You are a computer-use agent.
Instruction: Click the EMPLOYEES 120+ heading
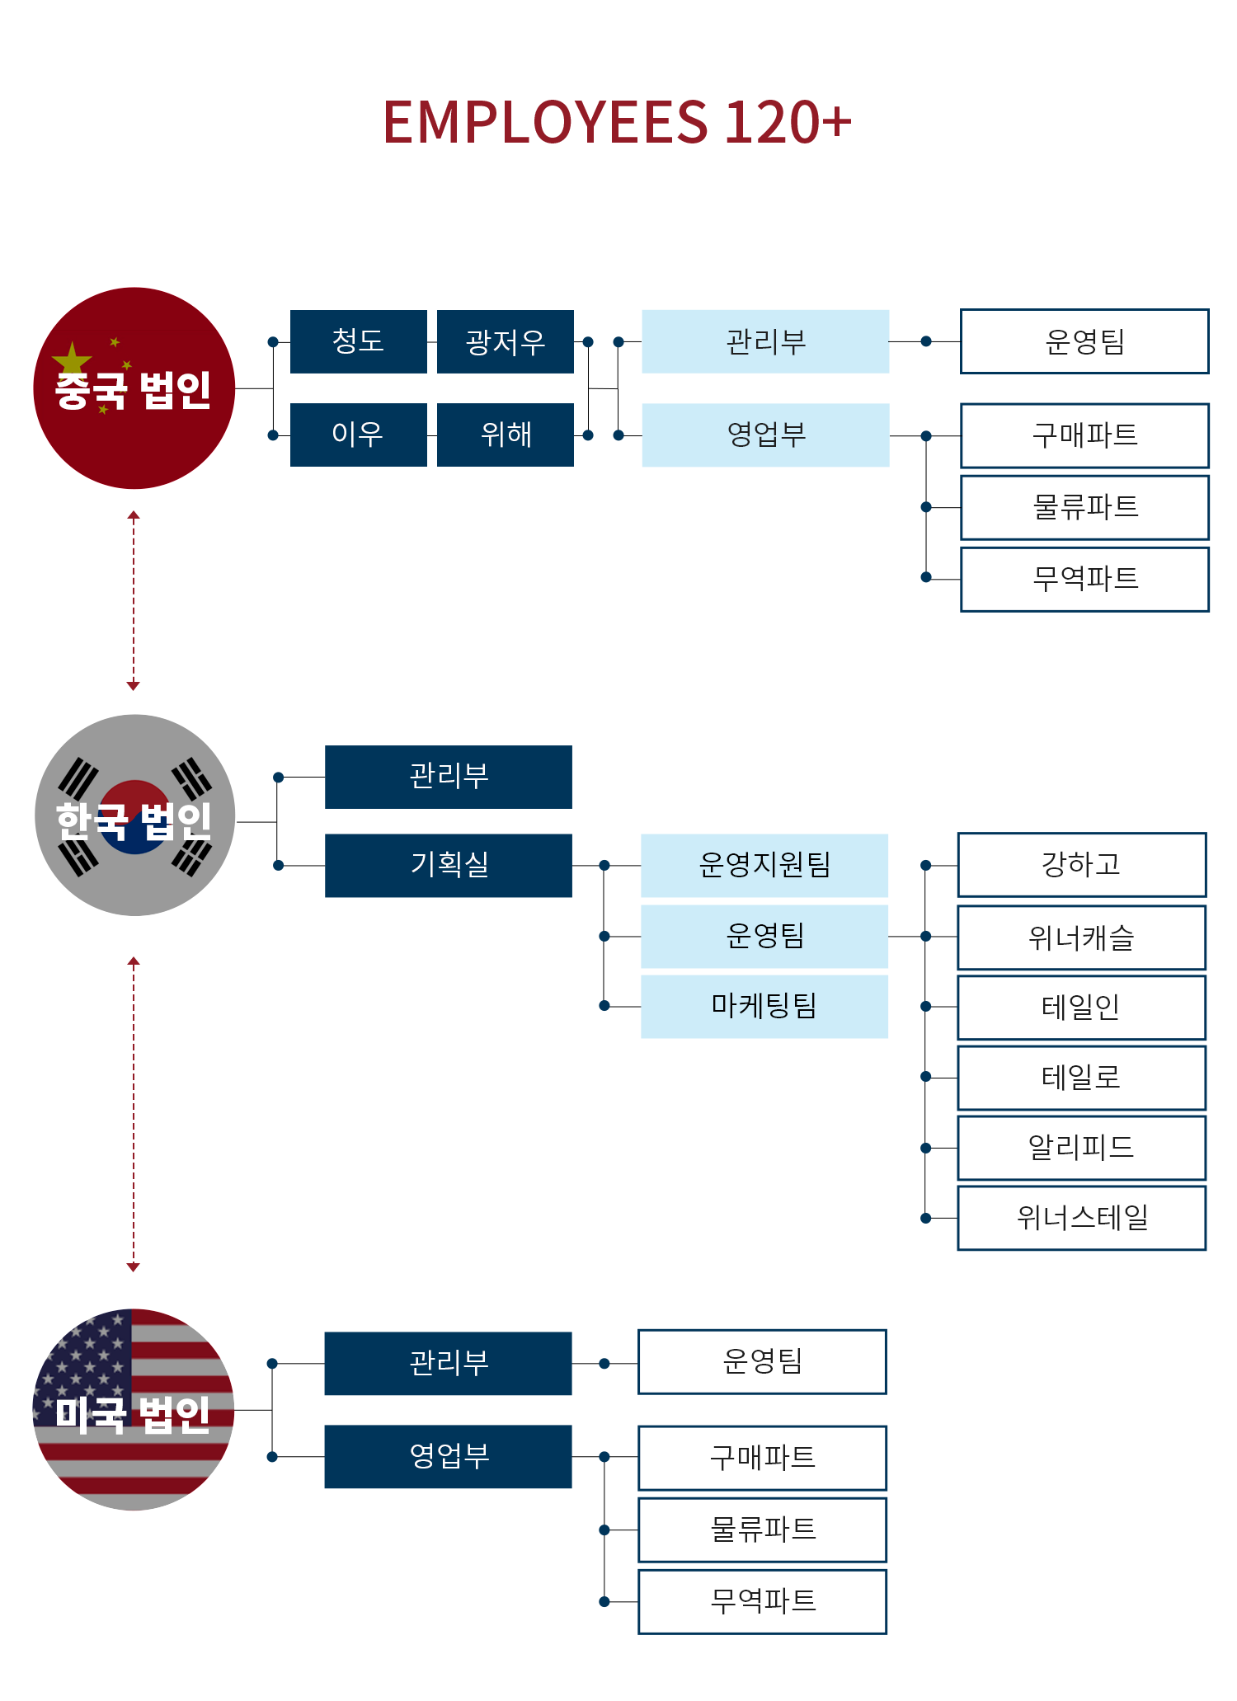(x=616, y=122)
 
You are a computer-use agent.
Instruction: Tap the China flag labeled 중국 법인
(x=134, y=388)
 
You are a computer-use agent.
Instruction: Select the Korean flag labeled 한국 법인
(x=134, y=815)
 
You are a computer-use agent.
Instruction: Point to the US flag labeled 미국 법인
(x=134, y=1410)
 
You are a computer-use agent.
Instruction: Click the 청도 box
(x=359, y=341)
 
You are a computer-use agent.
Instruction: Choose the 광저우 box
(x=506, y=341)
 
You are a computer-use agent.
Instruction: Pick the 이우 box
(x=359, y=435)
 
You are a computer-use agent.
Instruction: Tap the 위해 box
(x=506, y=435)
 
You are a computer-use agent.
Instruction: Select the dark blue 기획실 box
(x=449, y=865)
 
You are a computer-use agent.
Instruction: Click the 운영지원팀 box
(x=764, y=865)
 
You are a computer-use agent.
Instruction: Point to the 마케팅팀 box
(x=764, y=1006)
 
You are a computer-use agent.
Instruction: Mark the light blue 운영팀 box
(x=764, y=936)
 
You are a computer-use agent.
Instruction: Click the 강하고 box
(x=1081, y=865)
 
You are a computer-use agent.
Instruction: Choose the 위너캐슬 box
(x=1081, y=937)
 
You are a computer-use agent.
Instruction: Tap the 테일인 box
(x=1081, y=1008)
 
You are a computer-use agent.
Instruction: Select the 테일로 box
(x=1081, y=1078)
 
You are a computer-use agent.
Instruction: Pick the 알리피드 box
(x=1081, y=1148)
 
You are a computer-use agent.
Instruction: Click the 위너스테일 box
(x=1081, y=1218)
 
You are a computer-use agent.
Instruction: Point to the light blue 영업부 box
(x=765, y=435)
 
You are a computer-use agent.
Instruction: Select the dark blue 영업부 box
(x=449, y=1457)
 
